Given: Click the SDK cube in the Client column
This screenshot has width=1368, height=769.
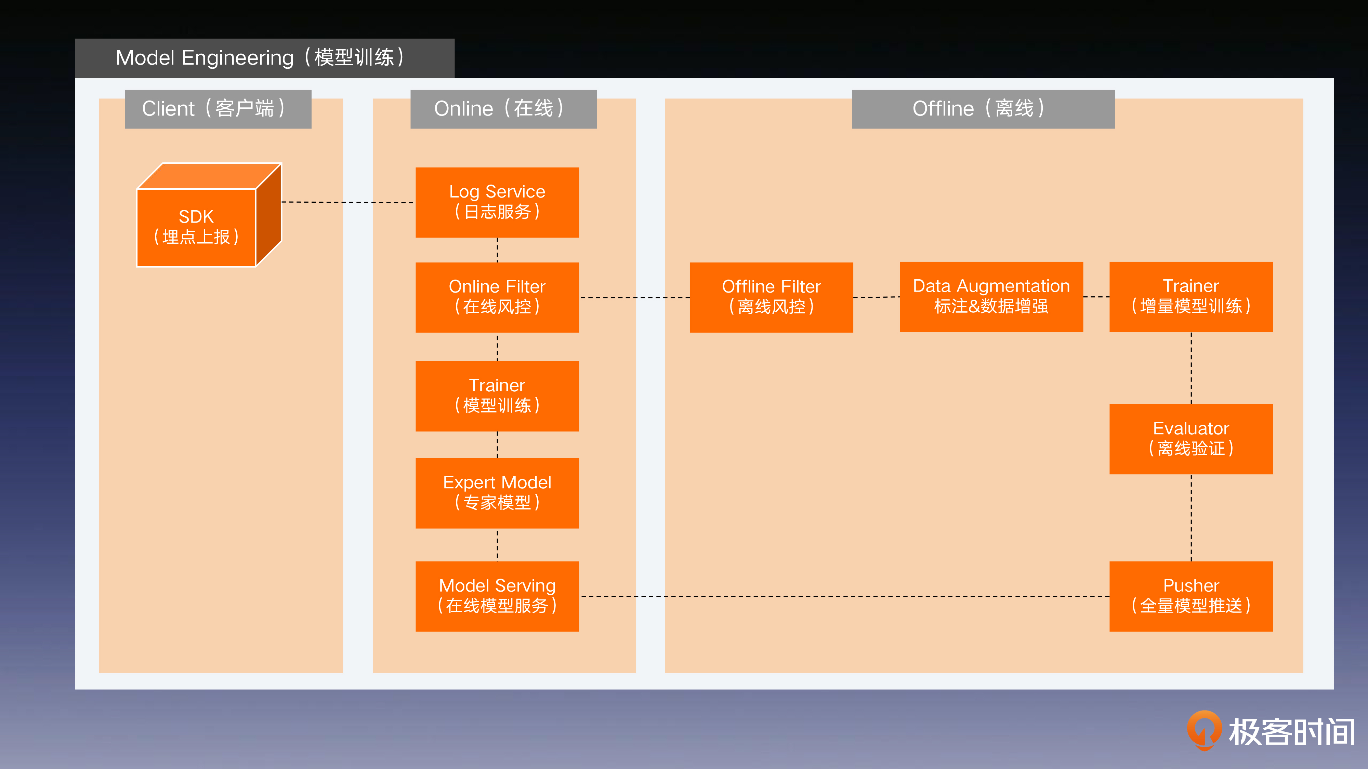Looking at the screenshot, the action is coord(209,215).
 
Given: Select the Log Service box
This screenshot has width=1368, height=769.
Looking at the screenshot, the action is coord(497,202).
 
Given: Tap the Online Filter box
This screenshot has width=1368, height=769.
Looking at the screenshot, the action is coord(497,297).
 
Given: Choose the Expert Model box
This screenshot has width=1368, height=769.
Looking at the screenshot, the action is coord(497,493).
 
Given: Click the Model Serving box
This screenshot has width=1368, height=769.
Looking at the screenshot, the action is coord(497,596).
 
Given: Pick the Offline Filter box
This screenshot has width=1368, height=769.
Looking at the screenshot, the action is coord(771,297).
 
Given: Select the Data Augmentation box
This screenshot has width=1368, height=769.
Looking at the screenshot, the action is coord(991,297).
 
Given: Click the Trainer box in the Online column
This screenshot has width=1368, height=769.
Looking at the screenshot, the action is coord(497,396).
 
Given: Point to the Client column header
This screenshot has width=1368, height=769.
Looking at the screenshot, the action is coord(218,109).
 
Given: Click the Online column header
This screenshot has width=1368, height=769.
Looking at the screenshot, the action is coord(503,109).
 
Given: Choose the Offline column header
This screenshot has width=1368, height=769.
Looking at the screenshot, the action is coord(983,109).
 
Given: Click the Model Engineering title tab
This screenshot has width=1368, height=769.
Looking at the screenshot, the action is coord(264,58).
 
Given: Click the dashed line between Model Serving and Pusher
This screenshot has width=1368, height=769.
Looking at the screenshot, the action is coord(844,596).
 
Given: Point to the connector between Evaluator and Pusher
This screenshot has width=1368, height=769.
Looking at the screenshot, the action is coord(1191,517).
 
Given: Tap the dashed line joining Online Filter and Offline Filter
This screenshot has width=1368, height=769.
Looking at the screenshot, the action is coord(634,298).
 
